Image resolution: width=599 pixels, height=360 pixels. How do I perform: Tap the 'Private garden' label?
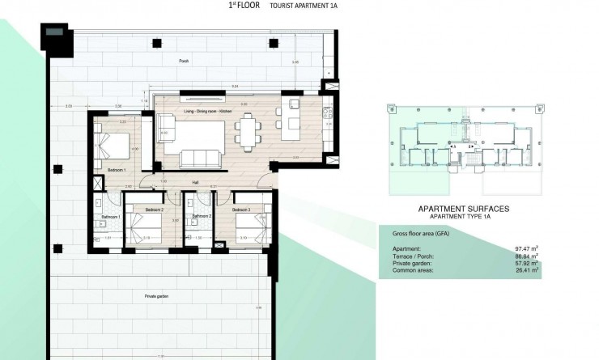(157, 297)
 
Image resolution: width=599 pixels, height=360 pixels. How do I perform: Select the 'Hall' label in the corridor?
(195, 183)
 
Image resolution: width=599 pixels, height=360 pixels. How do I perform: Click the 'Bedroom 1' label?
(116, 171)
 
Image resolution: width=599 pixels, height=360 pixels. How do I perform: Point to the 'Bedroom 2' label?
(155, 210)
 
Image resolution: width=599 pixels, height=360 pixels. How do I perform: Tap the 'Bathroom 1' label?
(109, 217)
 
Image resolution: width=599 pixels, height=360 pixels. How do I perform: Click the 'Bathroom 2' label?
(202, 217)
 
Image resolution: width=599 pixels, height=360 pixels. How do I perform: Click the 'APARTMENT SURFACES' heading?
(464, 209)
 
